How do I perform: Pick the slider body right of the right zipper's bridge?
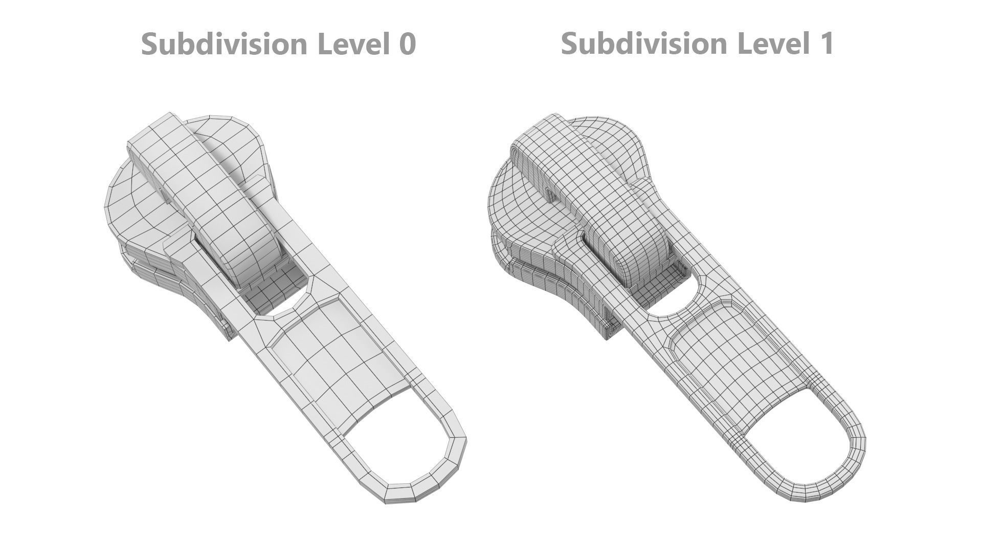[619, 143]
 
